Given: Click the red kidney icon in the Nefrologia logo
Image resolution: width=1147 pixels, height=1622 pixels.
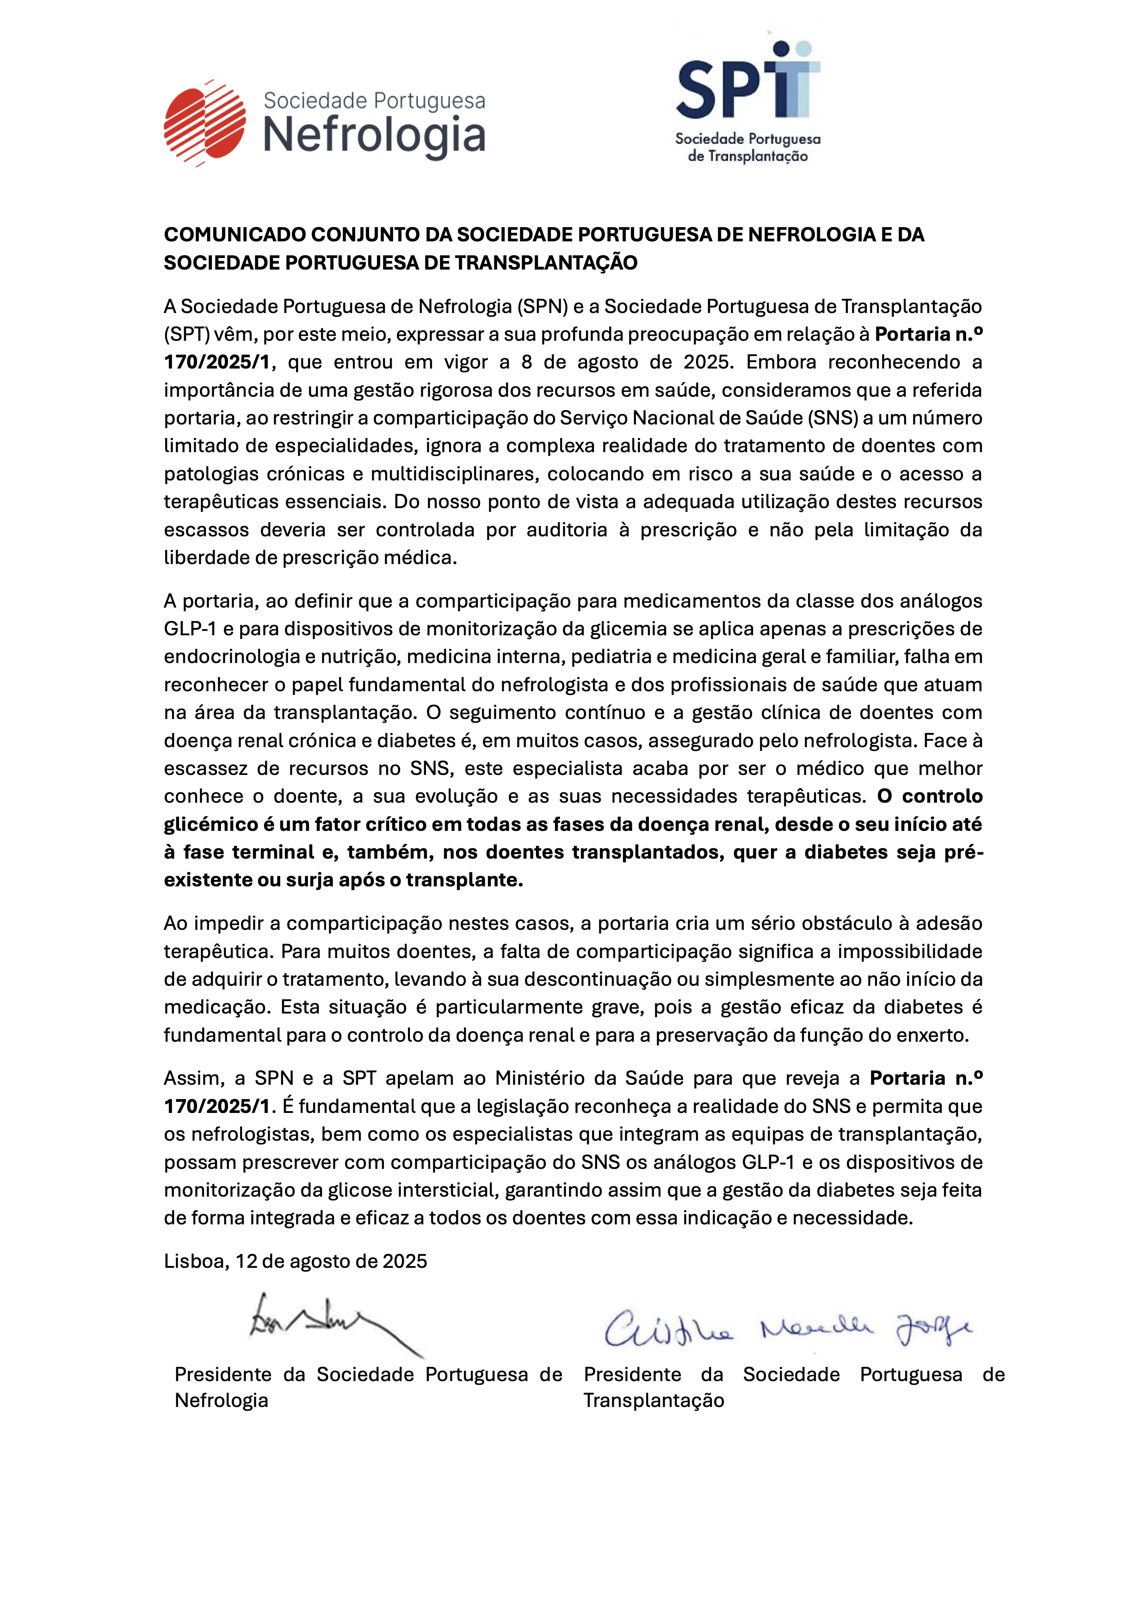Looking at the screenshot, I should tap(204, 123).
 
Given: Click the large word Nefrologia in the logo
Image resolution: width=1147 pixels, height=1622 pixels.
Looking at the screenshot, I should tap(374, 135).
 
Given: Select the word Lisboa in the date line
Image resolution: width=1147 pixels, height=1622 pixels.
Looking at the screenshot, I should tap(194, 1261).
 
